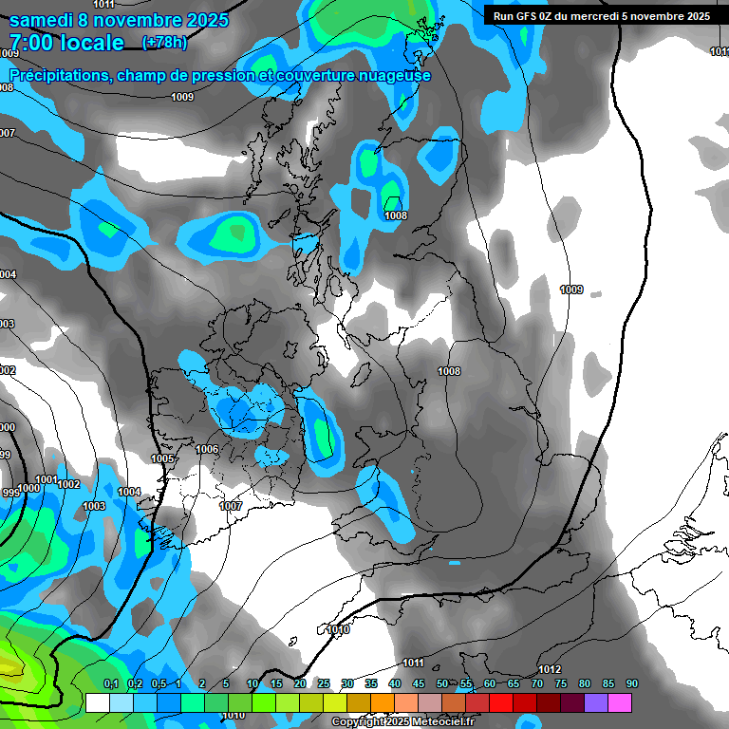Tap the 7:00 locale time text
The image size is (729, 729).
coord(66,43)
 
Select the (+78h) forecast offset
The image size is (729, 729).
coord(164,43)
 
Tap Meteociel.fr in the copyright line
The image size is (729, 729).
coord(438,722)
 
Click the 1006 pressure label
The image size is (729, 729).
coord(207,449)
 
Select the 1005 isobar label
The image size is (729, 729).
coord(162,459)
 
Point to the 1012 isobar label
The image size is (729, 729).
coord(549,669)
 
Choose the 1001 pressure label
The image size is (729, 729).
coord(45,479)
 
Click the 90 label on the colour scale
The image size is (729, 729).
coord(632,684)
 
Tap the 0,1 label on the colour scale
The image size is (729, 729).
coord(110,684)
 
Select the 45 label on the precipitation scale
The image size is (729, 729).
coord(419,684)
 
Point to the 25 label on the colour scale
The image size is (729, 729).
coord(324,684)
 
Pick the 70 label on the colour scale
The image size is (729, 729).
coord(537,684)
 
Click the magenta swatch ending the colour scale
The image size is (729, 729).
coord(620,702)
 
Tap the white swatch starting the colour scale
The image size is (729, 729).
coord(97,702)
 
